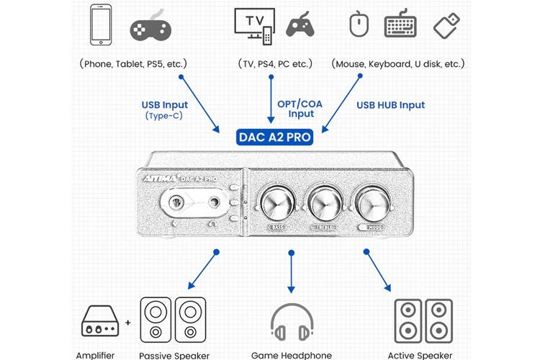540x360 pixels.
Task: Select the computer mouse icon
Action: pos(359,24)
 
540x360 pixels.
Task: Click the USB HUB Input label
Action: pos(391,105)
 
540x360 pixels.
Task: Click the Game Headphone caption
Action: pos(292,355)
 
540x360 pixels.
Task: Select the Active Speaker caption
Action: pos(420,355)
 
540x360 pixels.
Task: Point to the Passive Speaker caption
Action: pos(174,355)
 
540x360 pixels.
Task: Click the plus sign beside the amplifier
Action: pos(128,322)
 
